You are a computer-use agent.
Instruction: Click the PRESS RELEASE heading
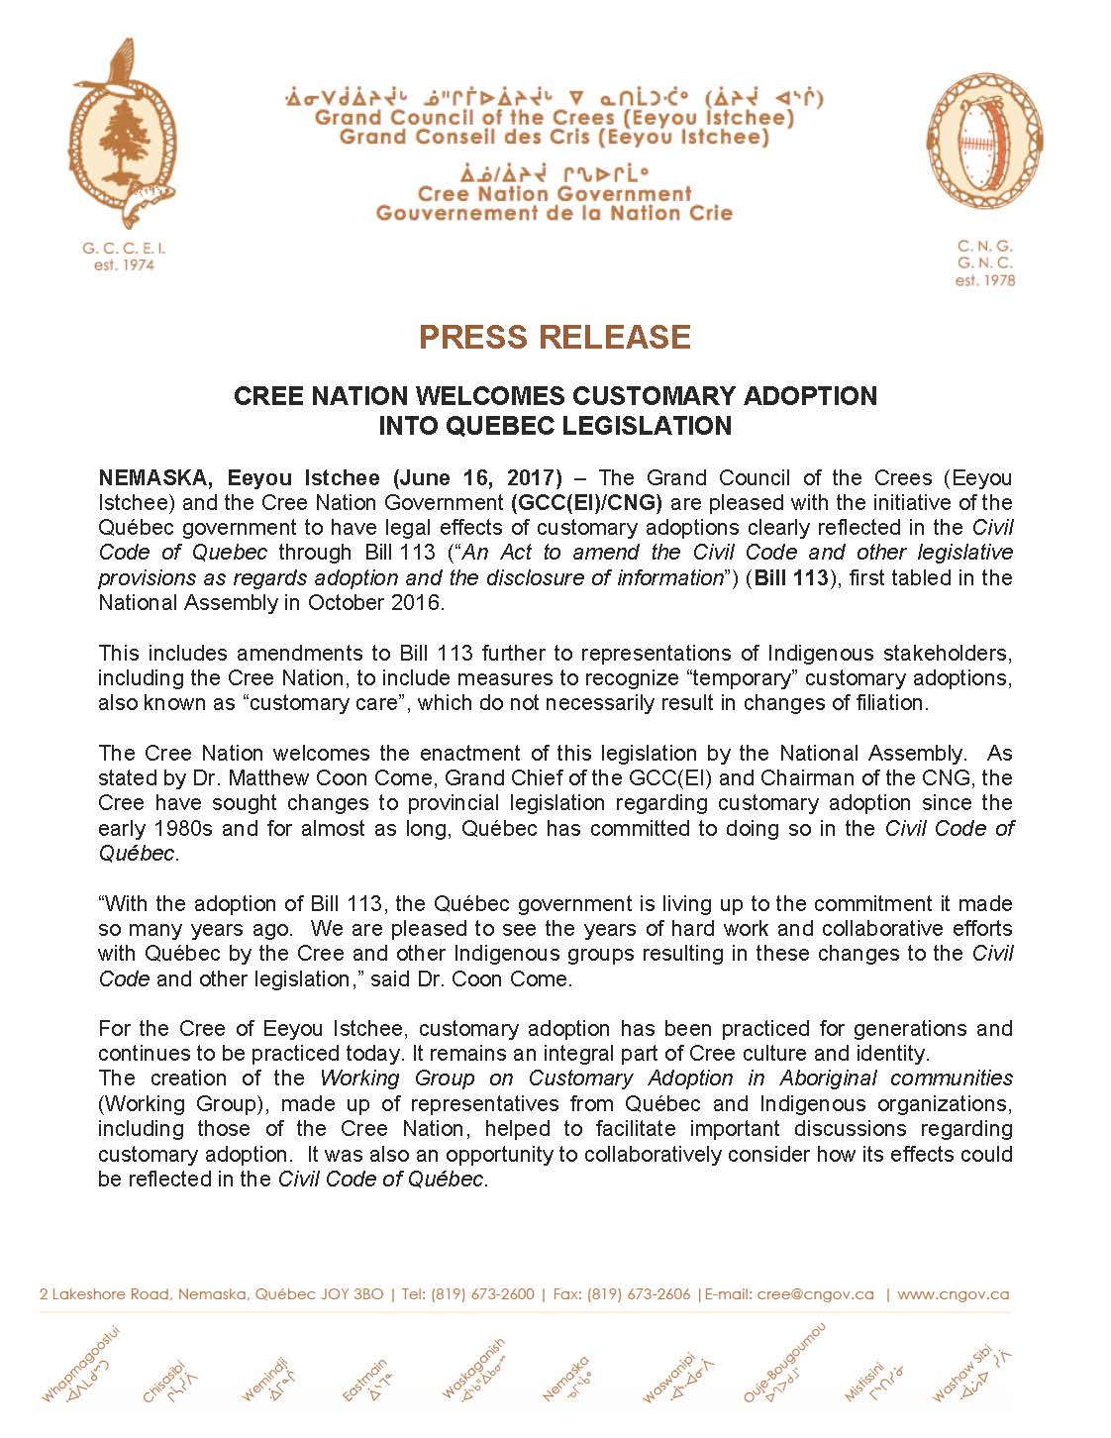click(555, 337)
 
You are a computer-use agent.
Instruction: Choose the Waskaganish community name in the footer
click(472, 1372)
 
